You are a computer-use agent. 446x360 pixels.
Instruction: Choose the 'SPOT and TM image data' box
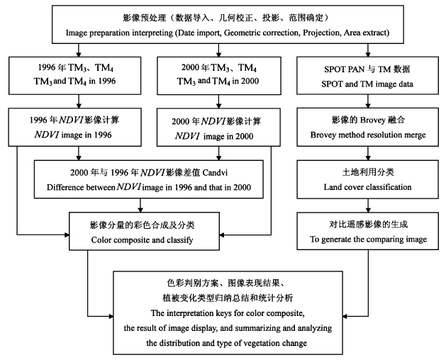(x=369, y=74)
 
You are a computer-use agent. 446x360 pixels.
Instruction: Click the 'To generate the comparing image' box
(x=369, y=232)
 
